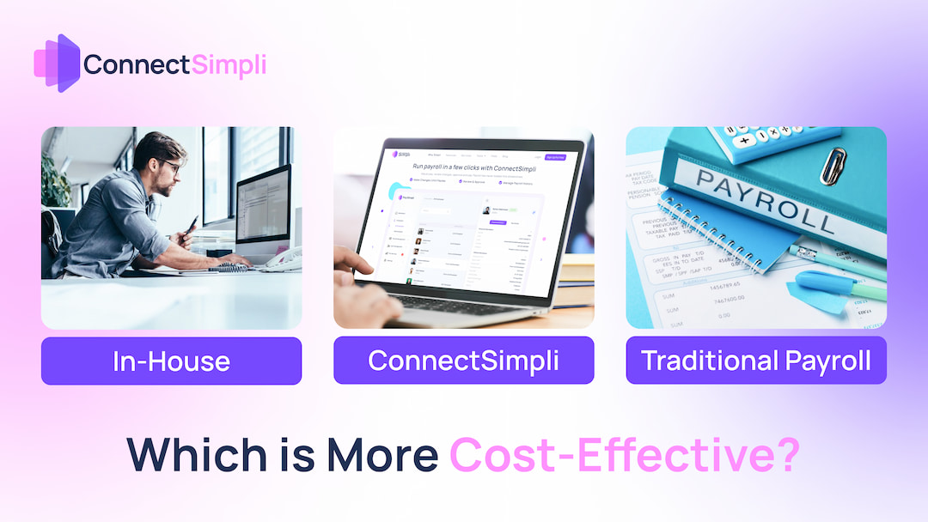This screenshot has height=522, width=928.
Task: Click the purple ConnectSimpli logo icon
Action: pos(57,64)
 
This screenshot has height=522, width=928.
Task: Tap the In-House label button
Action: pos(171,361)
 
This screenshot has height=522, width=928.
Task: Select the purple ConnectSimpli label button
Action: pos(463,361)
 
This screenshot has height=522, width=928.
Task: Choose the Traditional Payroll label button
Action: pos(756,361)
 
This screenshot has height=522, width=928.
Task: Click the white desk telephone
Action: pos(282,258)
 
